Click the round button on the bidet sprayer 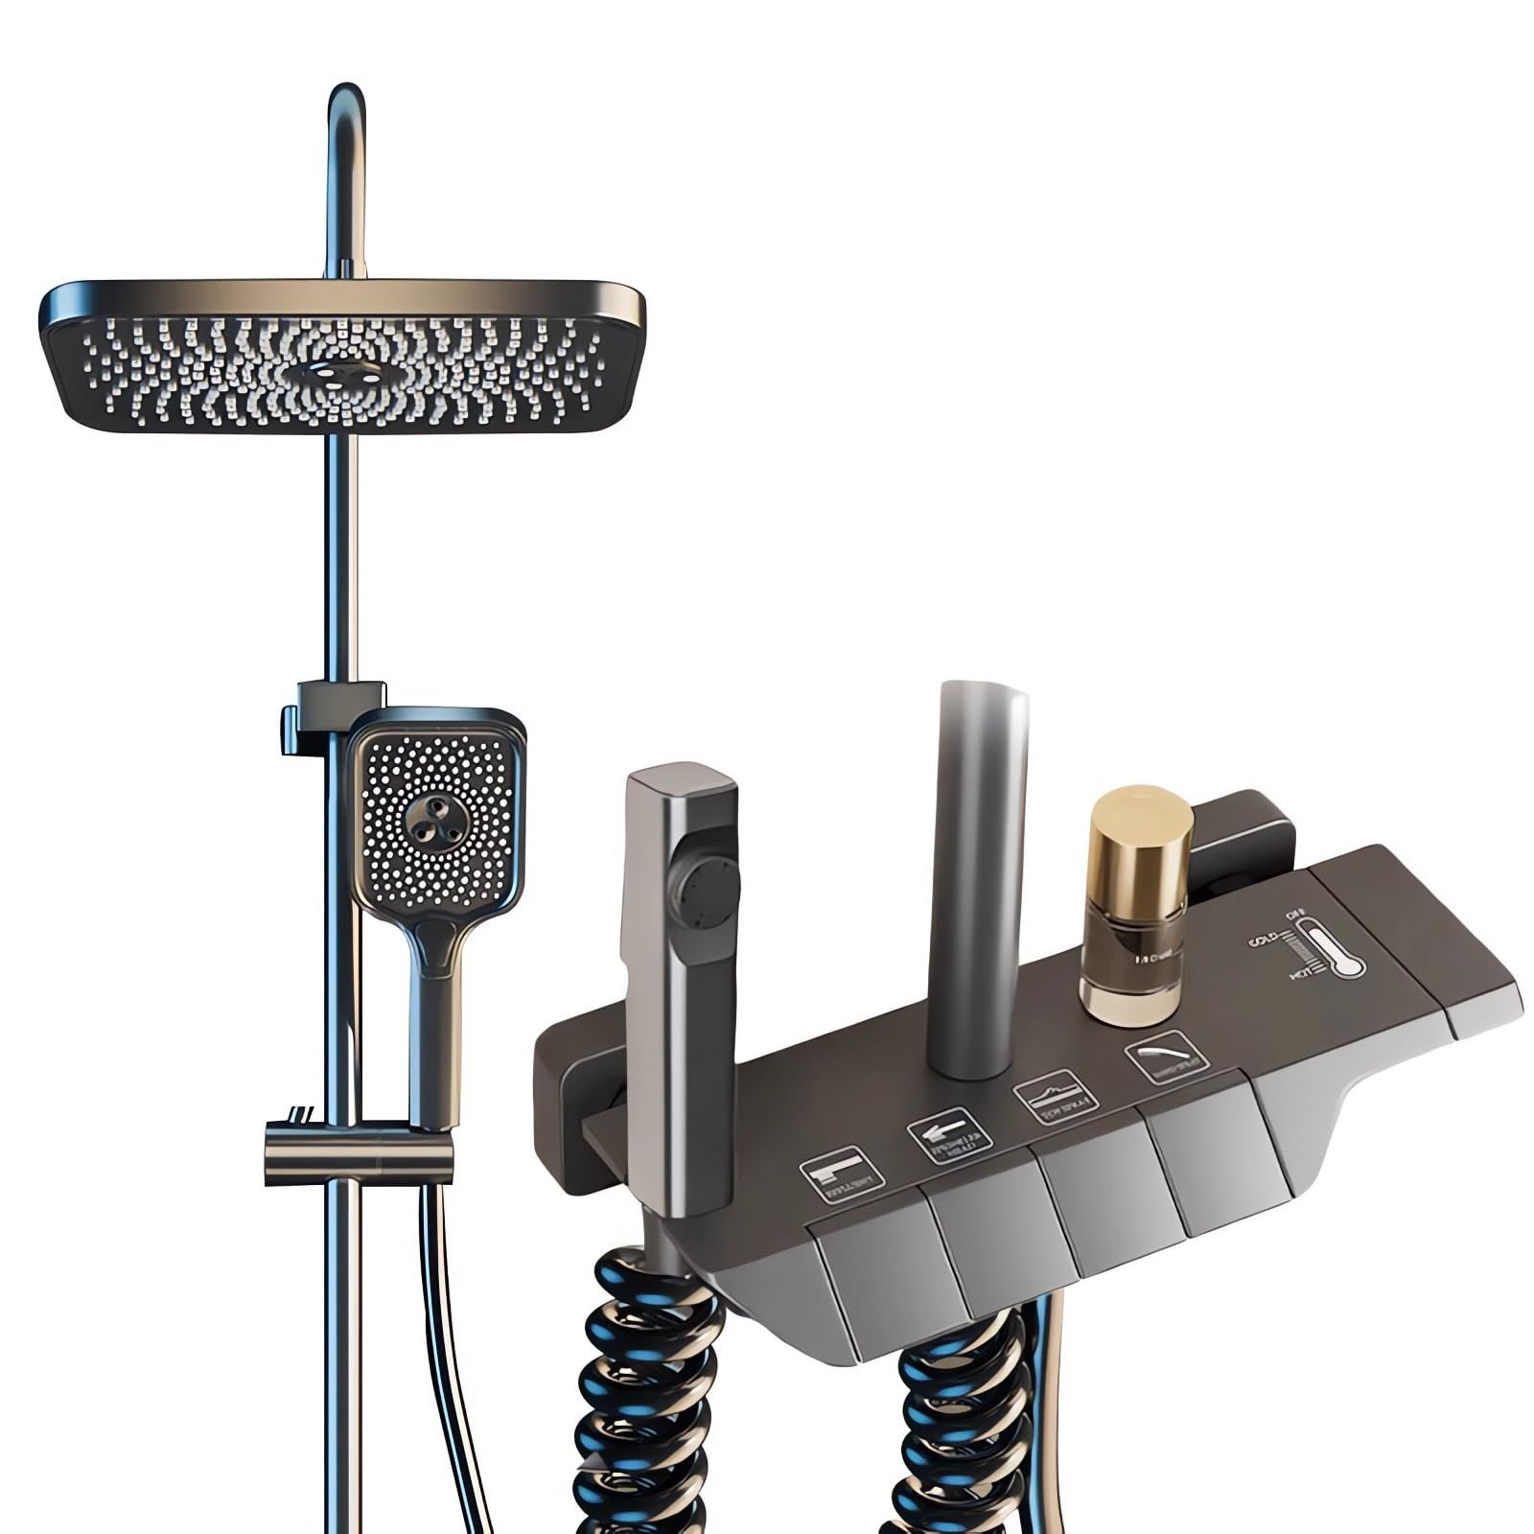tap(708, 892)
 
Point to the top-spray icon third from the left tap(1052, 1095)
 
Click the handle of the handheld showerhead tap(436, 1016)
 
